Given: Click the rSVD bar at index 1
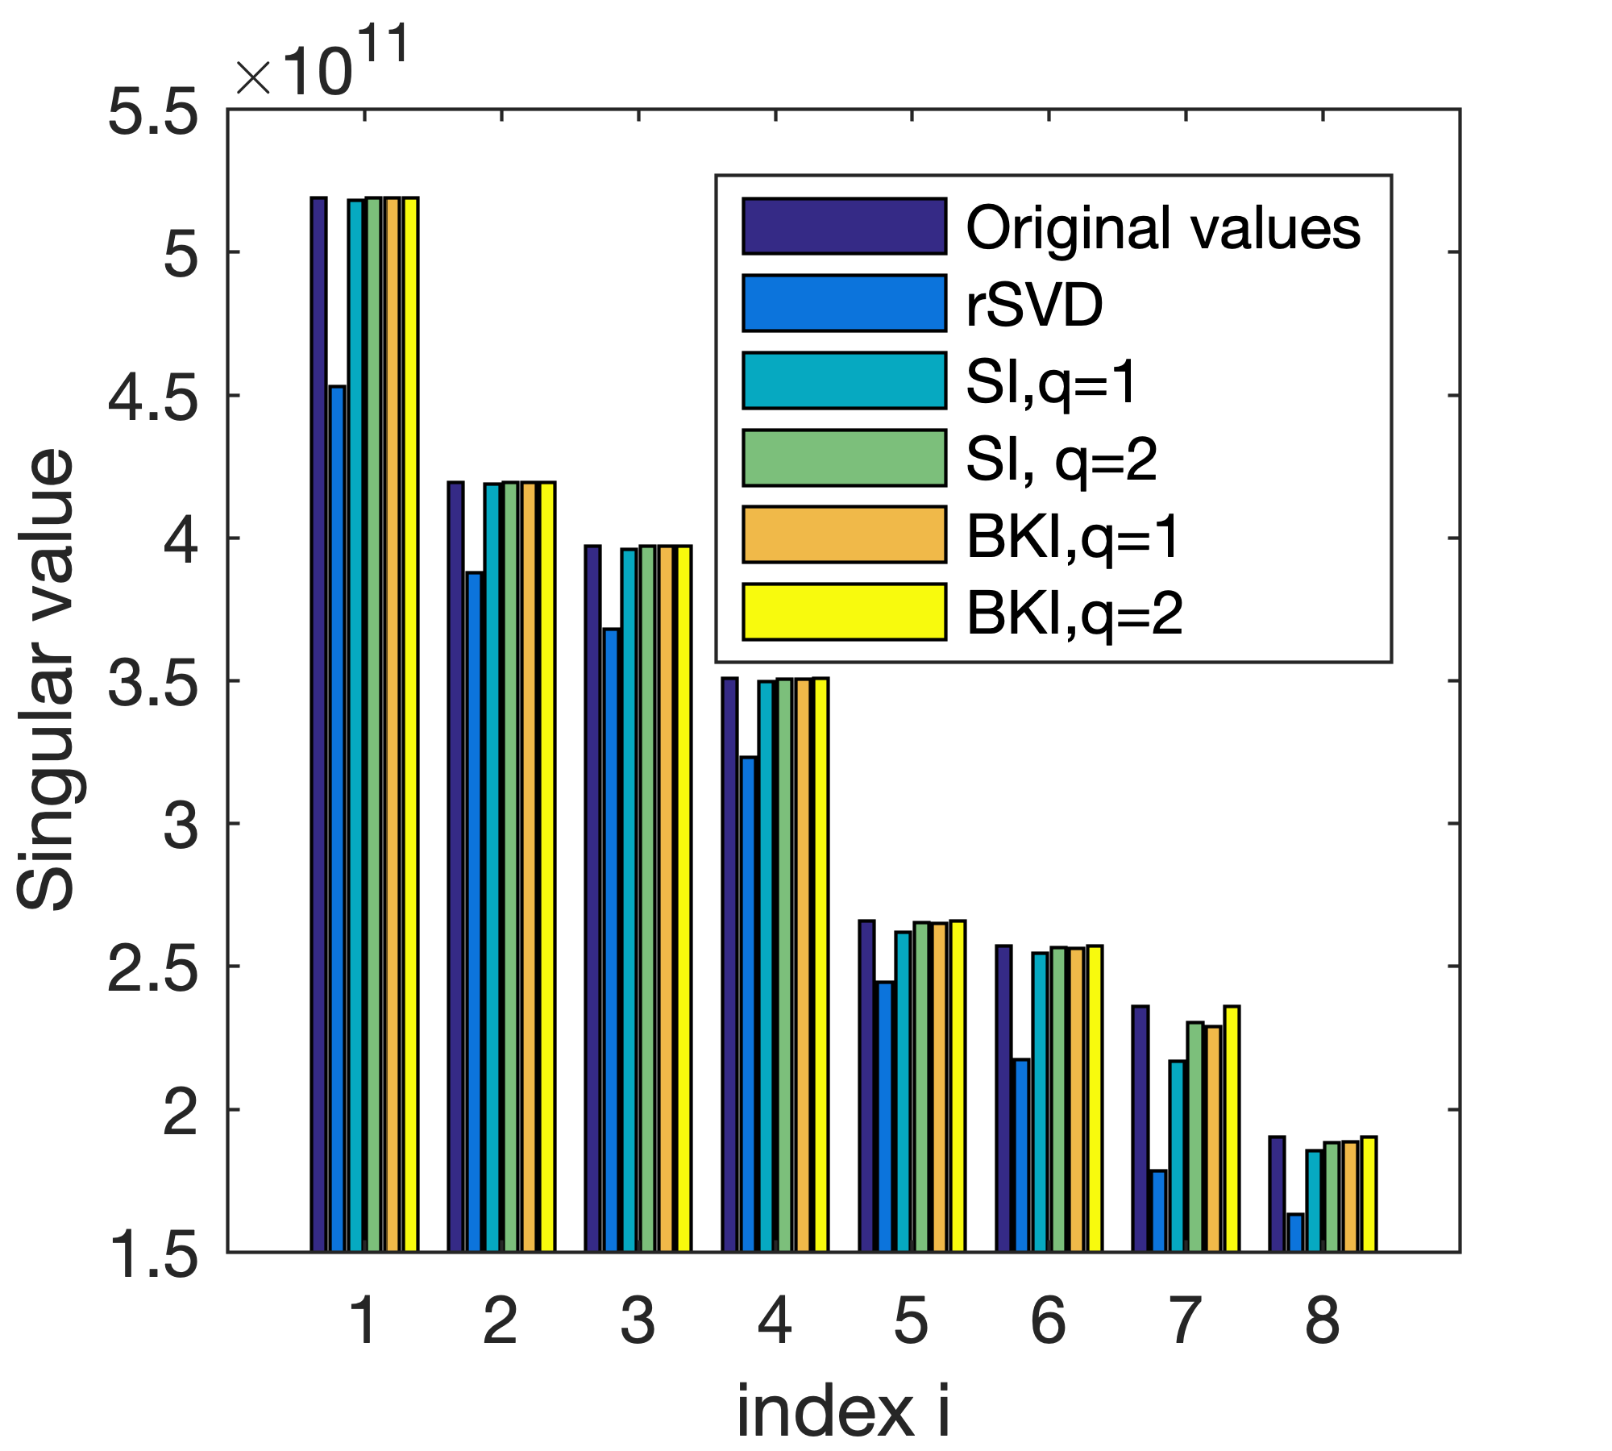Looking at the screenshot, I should click(337, 818).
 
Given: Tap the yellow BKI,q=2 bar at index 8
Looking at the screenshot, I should click(1368, 1194).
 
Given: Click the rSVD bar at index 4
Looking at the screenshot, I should click(748, 1004).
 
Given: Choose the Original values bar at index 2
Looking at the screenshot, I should click(455, 867).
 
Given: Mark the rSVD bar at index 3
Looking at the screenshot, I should click(611, 940).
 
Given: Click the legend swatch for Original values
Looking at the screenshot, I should click(844, 227).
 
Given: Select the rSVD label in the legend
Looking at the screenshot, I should click(1034, 306).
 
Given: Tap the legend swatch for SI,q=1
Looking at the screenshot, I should click(844, 380).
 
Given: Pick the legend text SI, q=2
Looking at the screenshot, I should click(1062, 459).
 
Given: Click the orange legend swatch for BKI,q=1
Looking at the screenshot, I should click(844, 534).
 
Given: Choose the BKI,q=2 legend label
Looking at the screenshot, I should click(1074, 613).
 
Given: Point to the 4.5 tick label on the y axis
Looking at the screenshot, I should click(153, 397).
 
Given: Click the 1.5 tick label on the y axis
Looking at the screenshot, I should click(153, 1254).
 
